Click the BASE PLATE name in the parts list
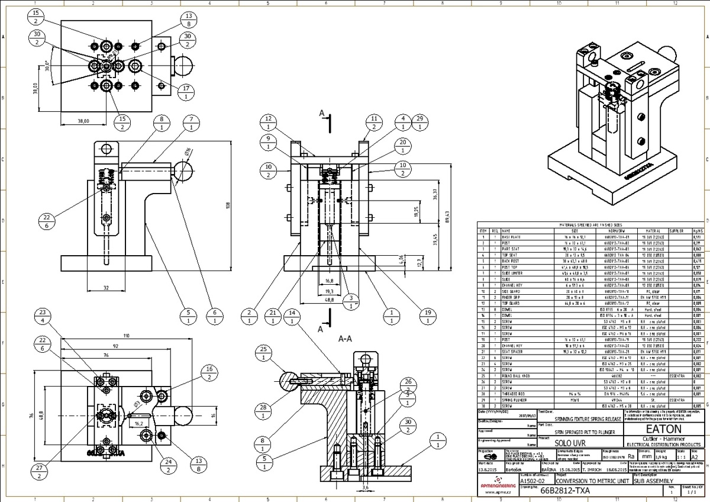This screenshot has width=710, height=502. click(x=512, y=236)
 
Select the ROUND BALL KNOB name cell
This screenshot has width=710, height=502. click(x=516, y=376)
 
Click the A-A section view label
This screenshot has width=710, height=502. click(x=346, y=339)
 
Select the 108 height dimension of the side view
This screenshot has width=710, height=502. click(x=228, y=205)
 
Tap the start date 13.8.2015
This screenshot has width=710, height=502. click(x=489, y=469)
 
